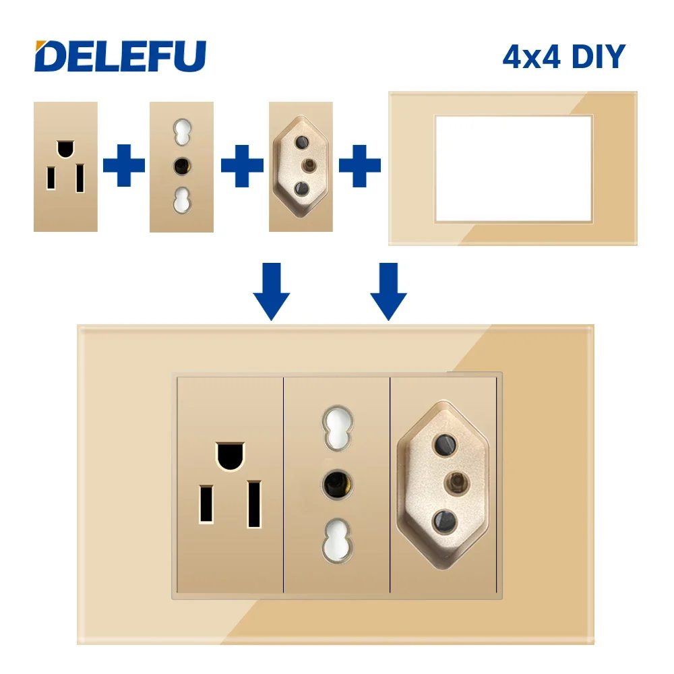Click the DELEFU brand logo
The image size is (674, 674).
pyautogui.click(x=120, y=56)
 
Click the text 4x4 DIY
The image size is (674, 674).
pyautogui.click(x=563, y=57)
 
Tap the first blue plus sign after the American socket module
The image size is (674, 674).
pyautogui.click(x=124, y=166)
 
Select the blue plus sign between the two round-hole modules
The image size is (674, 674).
pyautogui.click(x=242, y=166)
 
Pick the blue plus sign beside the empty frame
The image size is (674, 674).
pyautogui.click(x=360, y=166)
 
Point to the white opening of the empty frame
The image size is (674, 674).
pyautogui.click(x=512, y=168)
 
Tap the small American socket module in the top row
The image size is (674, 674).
pyautogui.click(x=65, y=166)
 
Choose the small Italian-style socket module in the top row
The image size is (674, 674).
pyautogui.click(x=181, y=166)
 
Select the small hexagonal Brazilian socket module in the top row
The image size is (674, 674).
pyautogui.click(x=301, y=166)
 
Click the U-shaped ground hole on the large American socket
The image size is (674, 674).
pyautogui.click(x=230, y=455)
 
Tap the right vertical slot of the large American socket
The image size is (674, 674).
pyautogui.click(x=254, y=503)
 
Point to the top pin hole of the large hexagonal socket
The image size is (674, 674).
pyautogui.click(x=445, y=444)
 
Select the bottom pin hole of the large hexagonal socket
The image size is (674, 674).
pyautogui.click(x=445, y=520)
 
